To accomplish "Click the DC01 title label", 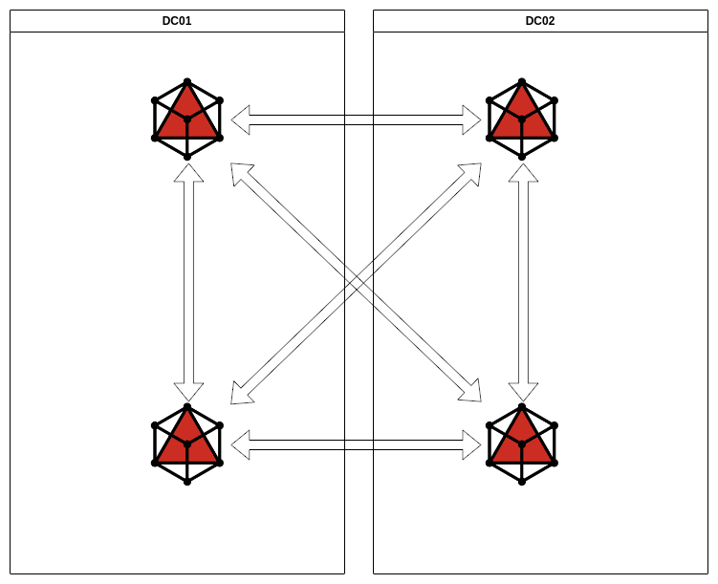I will tap(177, 21).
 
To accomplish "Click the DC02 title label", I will tap(540, 21).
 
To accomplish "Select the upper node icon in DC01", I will tap(187, 119).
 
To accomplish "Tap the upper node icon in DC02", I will tap(522, 119).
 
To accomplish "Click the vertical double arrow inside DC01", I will tap(188, 282).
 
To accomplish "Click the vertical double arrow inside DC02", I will tap(523, 282).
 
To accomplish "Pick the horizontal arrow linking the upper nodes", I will tap(356, 119).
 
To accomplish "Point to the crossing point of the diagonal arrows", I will tap(356, 283).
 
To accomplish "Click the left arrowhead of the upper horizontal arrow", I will tap(241, 119).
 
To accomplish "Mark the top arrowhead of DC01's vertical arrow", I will tap(188, 173).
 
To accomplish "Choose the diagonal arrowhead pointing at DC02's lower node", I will tap(471, 393).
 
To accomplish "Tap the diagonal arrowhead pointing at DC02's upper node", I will tap(471, 172).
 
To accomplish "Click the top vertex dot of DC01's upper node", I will tap(187, 82).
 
